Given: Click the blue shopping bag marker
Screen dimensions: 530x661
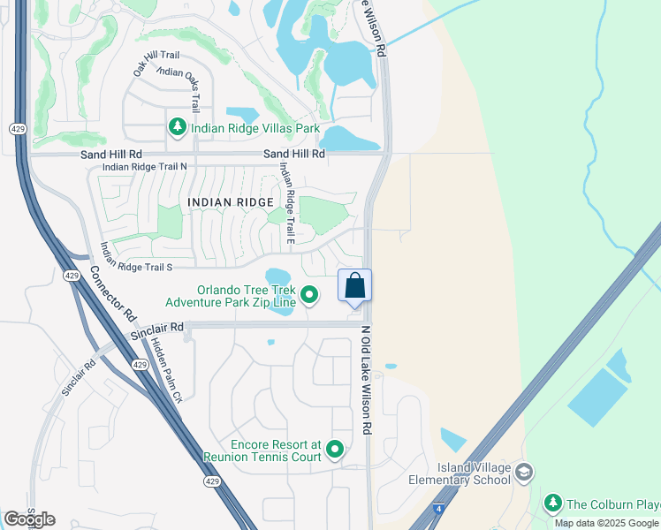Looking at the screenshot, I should tap(354, 286).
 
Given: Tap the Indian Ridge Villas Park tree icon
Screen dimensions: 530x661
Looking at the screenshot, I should tap(178, 128).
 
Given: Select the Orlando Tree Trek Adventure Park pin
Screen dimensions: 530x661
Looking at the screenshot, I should tap(309, 295).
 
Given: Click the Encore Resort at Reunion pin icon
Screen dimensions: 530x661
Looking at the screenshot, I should tap(334, 450).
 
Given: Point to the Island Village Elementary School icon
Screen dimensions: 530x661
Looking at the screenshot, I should tap(524, 473).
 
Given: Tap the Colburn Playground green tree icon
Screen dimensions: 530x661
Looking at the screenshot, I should tap(552, 503).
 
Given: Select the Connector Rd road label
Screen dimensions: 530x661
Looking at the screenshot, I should tap(114, 296).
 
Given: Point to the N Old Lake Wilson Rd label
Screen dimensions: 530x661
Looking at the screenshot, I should tap(364, 380).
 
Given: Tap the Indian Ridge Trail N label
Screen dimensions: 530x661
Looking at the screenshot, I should tap(144, 166).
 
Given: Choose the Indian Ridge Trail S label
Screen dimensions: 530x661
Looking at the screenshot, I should tap(135, 257).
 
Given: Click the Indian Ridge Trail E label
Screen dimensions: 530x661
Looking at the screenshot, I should tap(285, 203).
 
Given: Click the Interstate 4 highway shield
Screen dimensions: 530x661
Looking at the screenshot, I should tap(438, 510).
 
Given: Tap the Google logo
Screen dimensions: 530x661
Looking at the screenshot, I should tap(30, 519).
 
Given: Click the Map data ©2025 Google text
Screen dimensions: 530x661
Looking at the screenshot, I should tap(607, 523).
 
